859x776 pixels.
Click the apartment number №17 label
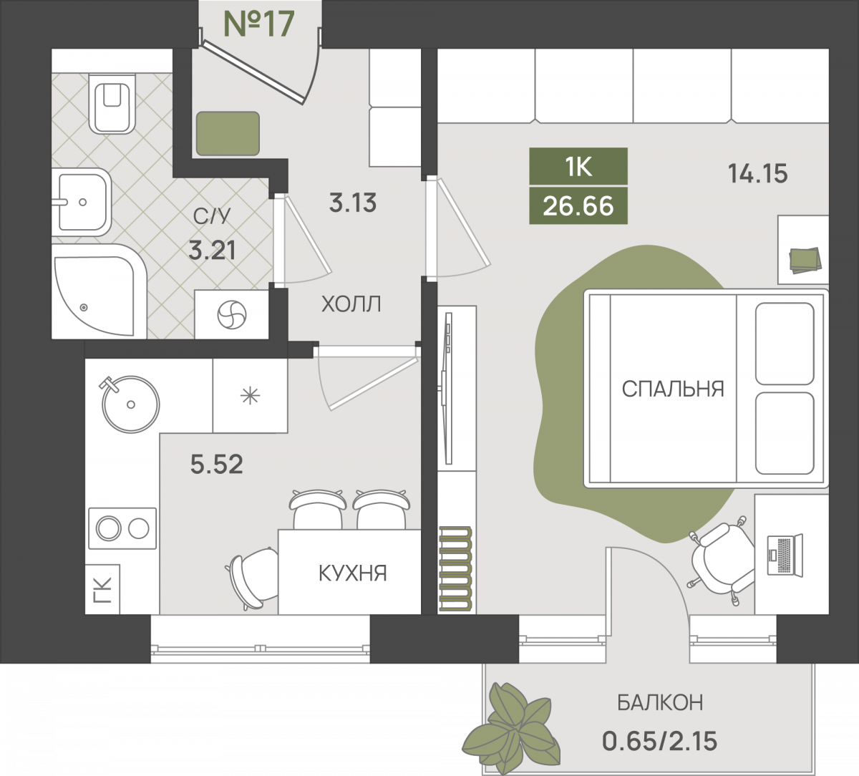pyautogui.click(x=259, y=24)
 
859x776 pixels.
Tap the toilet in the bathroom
pyautogui.click(x=112, y=104)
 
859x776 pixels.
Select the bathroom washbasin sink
pyautogui.click(x=82, y=202)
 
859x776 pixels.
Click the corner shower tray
pyautogui.click(x=99, y=291)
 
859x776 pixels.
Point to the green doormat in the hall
pyautogui.click(x=228, y=134)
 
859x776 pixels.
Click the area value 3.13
pyautogui.click(x=353, y=203)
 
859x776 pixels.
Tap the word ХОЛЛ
pyautogui.click(x=351, y=304)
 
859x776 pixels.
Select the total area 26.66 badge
pyautogui.click(x=578, y=206)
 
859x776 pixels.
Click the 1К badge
pyautogui.click(x=578, y=167)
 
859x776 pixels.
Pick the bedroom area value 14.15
pyautogui.click(x=758, y=174)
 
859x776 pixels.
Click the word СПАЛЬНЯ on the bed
pyautogui.click(x=673, y=389)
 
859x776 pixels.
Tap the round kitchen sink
pyautogui.click(x=130, y=404)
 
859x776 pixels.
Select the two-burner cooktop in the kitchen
pyautogui.click(x=122, y=528)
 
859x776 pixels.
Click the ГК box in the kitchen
pyautogui.click(x=102, y=589)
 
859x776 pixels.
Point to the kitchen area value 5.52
pyautogui.click(x=217, y=464)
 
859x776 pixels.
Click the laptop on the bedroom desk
pyautogui.click(x=785, y=555)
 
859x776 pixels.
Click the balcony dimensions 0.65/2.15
pyautogui.click(x=659, y=742)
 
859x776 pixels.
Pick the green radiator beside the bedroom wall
pyautogui.click(x=455, y=568)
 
